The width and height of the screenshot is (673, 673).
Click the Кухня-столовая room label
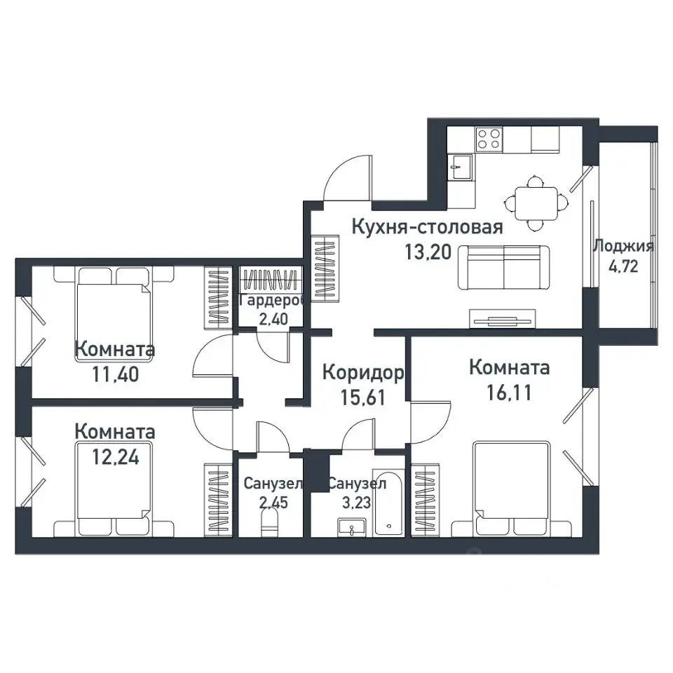click(427, 227)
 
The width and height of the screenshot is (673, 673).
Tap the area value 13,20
click(428, 252)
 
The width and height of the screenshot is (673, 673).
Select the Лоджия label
click(623, 247)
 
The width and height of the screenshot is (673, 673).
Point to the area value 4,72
click(623, 266)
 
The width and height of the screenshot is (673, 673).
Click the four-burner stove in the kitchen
click(489, 139)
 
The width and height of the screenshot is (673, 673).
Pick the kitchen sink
click(461, 167)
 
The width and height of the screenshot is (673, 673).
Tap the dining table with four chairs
click(536, 203)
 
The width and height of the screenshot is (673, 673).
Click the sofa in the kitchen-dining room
click(503, 267)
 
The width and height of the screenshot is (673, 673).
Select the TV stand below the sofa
click(503, 318)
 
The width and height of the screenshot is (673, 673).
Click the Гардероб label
click(273, 301)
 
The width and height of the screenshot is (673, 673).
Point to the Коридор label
click(363, 373)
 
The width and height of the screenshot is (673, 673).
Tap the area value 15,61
click(363, 398)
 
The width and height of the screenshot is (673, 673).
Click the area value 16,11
click(509, 393)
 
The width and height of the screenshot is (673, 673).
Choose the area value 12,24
click(116, 458)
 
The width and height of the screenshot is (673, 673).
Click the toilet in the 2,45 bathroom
click(269, 524)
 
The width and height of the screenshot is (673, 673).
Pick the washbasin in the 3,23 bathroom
click(352, 527)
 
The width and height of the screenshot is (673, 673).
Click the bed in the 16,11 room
click(512, 489)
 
